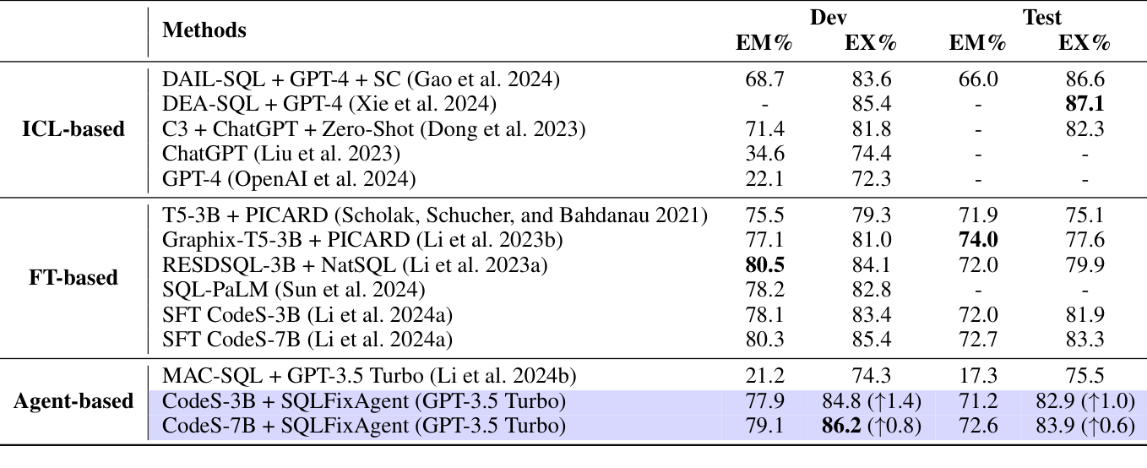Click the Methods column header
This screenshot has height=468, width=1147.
(x=204, y=31)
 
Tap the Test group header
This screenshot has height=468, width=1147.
(x=1042, y=17)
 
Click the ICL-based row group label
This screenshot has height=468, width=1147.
(x=73, y=129)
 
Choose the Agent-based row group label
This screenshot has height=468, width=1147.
(x=73, y=401)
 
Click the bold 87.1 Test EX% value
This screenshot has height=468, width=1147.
(x=1084, y=104)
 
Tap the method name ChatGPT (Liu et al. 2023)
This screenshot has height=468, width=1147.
(x=280, y=155)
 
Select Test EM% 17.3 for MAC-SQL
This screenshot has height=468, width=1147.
(x=977, y=376)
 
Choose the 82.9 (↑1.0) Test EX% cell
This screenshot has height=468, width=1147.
(x=1084, y=401)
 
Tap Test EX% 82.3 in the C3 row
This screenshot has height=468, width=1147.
(x=1084, y=129)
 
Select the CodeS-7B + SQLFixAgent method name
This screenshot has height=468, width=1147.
(x=362, y=427)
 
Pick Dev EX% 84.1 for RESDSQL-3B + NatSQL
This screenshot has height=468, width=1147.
(x=870, y=266)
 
